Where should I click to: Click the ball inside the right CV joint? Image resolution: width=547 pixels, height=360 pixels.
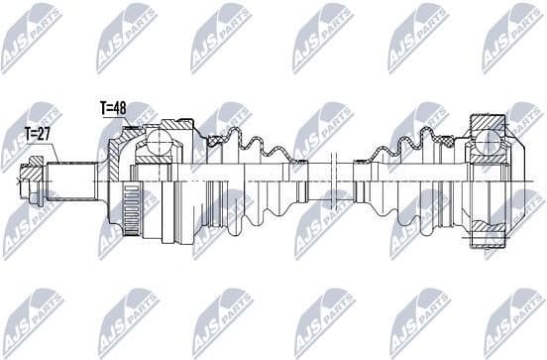[x=487, y=147]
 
